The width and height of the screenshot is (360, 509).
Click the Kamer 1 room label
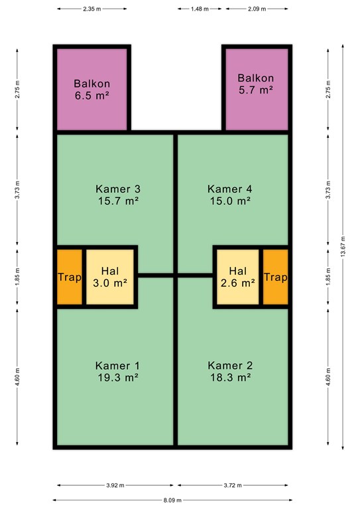117,366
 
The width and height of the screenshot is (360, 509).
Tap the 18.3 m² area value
230,378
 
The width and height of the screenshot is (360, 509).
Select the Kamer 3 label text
118,189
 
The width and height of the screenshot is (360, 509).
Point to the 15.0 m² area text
230,201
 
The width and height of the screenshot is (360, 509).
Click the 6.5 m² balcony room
92,89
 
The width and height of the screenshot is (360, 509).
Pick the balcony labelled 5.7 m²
257,89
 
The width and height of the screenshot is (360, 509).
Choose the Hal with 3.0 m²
110,277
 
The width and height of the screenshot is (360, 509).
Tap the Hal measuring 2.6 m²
238,277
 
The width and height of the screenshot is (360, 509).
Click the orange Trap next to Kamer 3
70,277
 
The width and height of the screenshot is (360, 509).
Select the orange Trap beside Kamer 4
276,277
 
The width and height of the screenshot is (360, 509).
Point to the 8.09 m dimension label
172,500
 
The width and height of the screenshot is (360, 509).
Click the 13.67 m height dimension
343,247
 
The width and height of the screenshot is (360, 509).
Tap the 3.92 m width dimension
115,485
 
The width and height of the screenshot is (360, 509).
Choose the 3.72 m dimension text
233,485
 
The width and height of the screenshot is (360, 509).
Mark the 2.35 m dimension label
92,9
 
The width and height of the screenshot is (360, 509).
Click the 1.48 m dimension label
200,9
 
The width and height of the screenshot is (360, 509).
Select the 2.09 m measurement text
257,9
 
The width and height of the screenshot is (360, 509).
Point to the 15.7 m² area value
119,201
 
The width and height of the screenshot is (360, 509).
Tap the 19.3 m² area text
119,378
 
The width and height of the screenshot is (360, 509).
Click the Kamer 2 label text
230,366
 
